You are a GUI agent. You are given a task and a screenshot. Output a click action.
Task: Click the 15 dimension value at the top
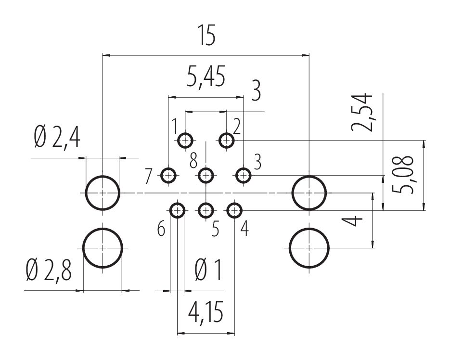pyautogui.click(x=206, y=37)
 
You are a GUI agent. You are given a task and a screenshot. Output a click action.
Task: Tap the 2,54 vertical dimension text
pyautogui.click(x=362, y=112)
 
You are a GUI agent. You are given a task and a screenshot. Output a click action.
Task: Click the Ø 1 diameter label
pyautogui.click(x=208, y=271)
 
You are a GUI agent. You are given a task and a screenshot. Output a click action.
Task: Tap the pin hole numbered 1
pyautogui.click(x=185, y=141)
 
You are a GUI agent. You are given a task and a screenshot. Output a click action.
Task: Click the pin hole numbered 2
pyautogui.click(x=226, y=141)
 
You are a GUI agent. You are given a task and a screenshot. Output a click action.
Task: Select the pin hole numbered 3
pyautogui.click(x=244, y=175)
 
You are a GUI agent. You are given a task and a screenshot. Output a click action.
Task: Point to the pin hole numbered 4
pyautogui.click(x=234, y=210)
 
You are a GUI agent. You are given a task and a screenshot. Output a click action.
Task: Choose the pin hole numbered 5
pyautogui.click(x=206, y=210)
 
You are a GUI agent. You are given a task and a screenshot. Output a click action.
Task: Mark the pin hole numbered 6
pyautogui.click(x=178, y=210)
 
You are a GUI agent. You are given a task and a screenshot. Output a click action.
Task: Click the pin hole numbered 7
pyautogui.click(x=168, y=175)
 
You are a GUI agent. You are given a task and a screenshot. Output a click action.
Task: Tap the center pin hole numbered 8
pyautogui.click(x=206, y=175)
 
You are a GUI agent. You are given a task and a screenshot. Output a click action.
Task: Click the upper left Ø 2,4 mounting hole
pyautogui.click(x=103, y=193)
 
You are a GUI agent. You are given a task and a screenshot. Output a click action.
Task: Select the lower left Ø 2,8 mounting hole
pyautogui.click(x=103, y=247)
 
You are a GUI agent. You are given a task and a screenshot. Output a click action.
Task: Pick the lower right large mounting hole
pyautogui.click(x=309, y=248)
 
